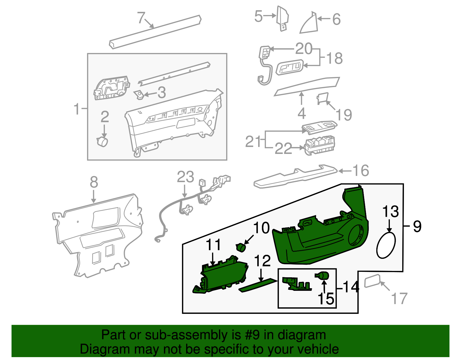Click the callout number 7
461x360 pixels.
[x=141, y=18]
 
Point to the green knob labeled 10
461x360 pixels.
[x=241, y=247]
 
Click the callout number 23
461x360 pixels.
[x=185, y=177]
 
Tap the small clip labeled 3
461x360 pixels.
[x=139, y=95]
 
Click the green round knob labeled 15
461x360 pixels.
[x=323, y=276]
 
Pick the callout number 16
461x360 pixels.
[x=361, y=171]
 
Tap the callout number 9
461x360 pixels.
[x=417, y=226]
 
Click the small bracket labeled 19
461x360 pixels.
[x=322, y=98]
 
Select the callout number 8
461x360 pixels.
[x=94, y=182]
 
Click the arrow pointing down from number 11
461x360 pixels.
[x=213, y=258]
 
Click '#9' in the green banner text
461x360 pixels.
[x=252, y=335]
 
